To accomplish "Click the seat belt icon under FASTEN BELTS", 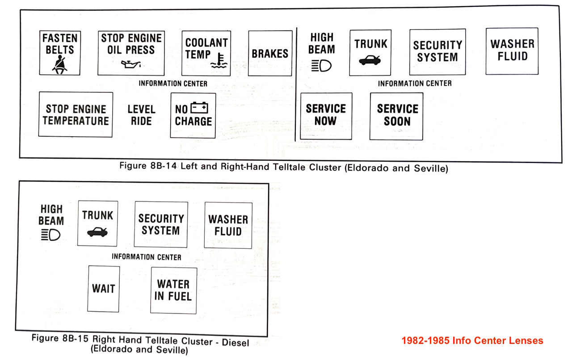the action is coord(60,65).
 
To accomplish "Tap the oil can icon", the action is coord(131,64).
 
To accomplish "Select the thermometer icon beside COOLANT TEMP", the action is coord(219,61).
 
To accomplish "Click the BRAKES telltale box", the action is coord(270,53).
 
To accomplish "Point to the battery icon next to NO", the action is coord(199,108).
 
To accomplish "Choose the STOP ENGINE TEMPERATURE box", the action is coord(76,114).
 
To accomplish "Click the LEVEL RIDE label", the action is coord(142,115).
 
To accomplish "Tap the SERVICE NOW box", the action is coord(326,116).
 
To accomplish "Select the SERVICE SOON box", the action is coord(396,116).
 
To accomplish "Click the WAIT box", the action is coord(103,289).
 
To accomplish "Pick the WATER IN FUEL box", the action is coord(174,291).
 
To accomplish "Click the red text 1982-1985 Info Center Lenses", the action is coord(472,341).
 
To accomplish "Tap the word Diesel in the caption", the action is coord(235,343).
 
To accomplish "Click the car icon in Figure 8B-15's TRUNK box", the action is coord(97,232).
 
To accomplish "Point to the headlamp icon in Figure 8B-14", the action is coord(321,66).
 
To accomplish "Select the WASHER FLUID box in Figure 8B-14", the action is coord(512,51).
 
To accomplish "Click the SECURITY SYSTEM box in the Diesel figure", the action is coord(161,224).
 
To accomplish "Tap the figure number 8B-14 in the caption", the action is coord(164,166).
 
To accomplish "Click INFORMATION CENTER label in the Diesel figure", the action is coord(147,257).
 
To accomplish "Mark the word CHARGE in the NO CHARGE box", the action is coord(193,121).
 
